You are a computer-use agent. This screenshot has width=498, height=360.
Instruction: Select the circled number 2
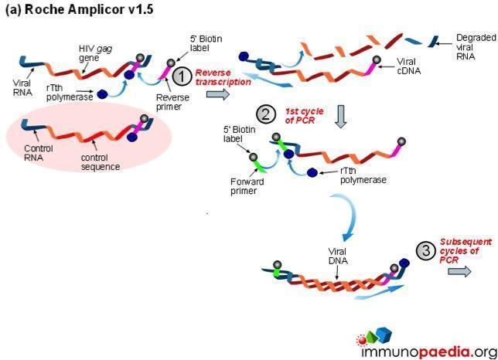[265, 115]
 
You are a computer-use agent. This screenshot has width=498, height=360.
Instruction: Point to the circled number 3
[425, 250]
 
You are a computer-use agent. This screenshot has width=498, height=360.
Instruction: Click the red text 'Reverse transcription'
[223, 76]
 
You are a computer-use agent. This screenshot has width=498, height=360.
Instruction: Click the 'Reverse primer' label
[168, 102]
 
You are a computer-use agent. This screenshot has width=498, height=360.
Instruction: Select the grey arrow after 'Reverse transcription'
[219, 94]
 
